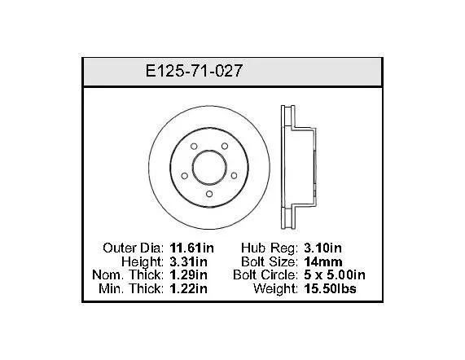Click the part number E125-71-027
[x=194, y=71]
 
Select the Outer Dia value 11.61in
[x=191, y=248]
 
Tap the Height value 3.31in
[x=188, y=261]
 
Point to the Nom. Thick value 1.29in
[x=188, y=275]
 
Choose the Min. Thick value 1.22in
[x=188, y=288]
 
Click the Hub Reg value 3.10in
[x=322, y=248]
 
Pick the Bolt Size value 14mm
[x=323, y=261]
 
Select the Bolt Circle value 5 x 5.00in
[x=335, y=275]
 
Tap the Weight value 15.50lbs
[x=330, y=288]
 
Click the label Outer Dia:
[x=134, y=248]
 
